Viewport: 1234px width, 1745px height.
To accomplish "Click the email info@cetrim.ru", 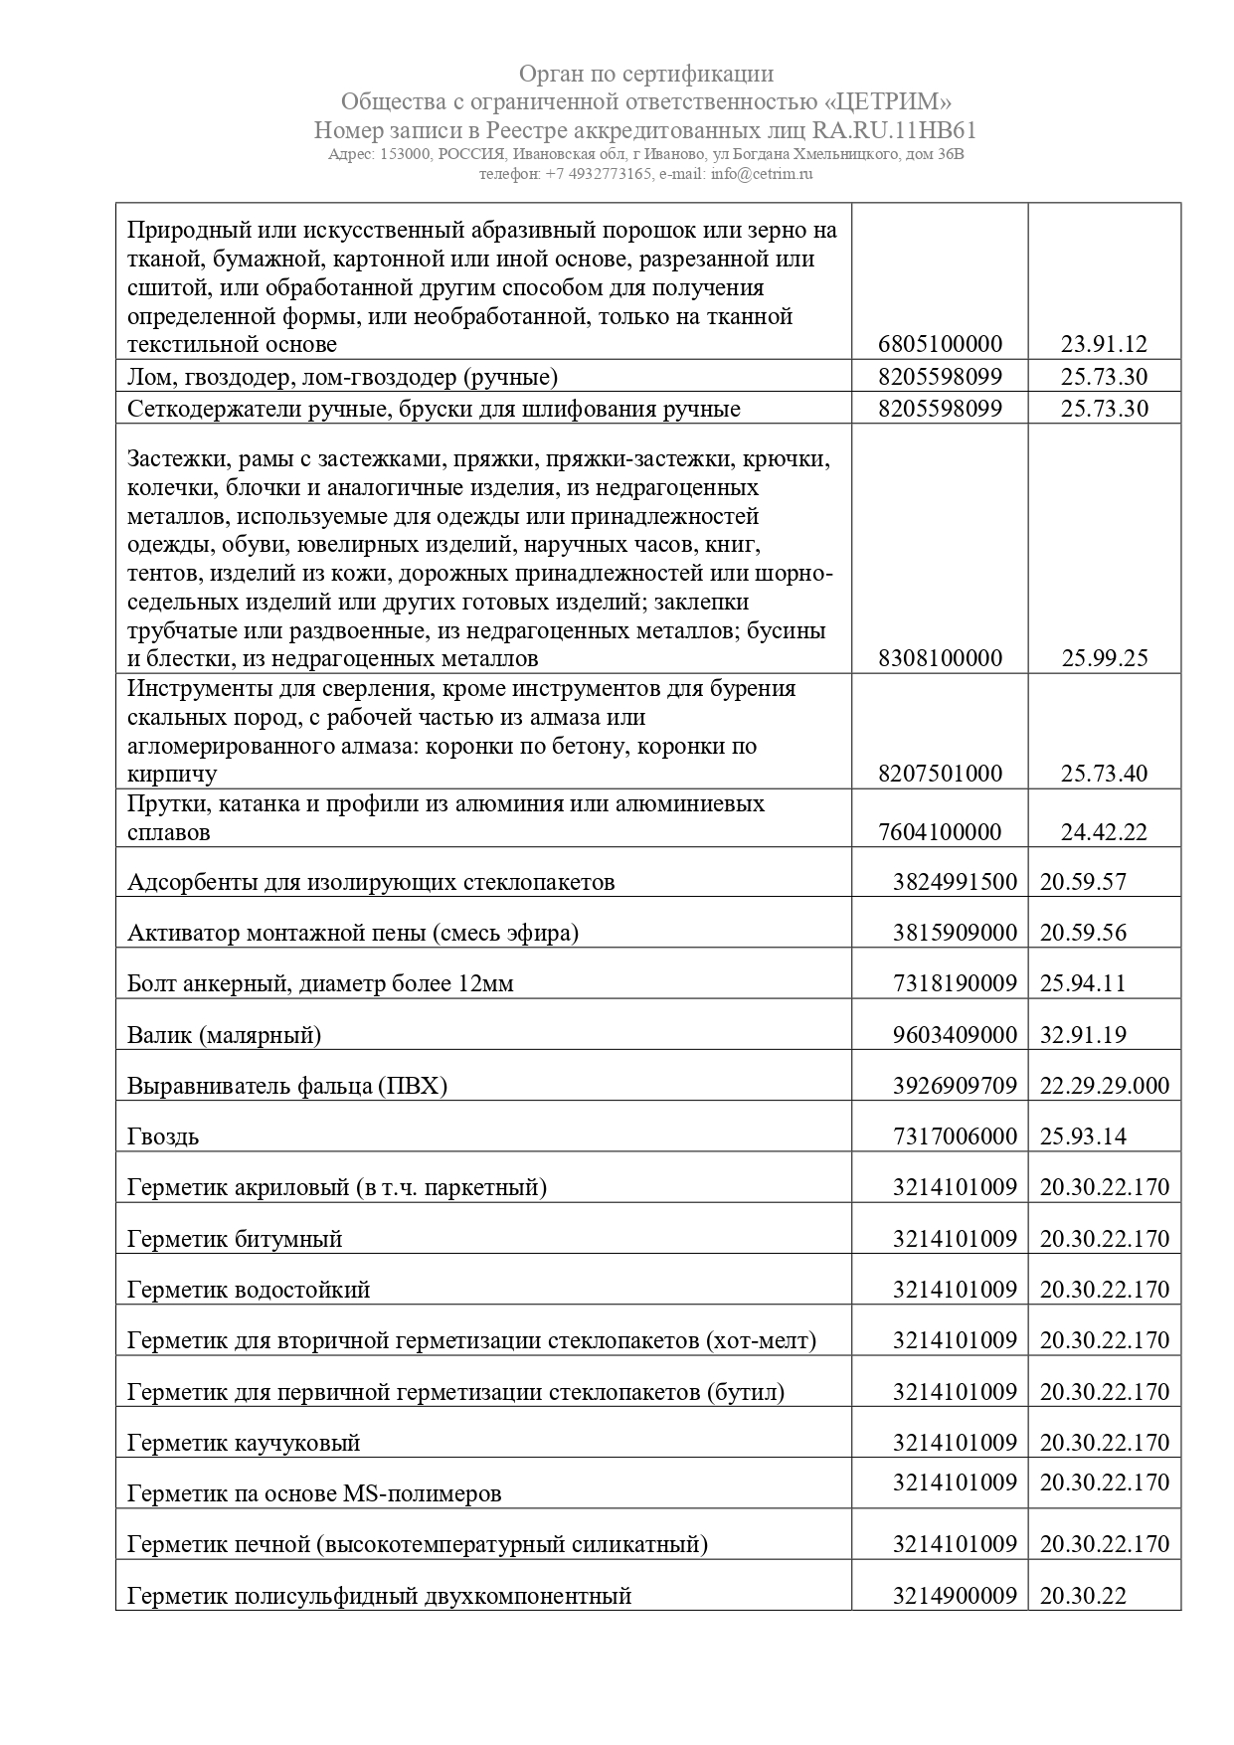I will [759, 173].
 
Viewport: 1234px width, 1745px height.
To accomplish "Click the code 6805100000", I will [940, 345].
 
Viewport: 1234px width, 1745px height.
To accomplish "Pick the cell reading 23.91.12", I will [1104, 345].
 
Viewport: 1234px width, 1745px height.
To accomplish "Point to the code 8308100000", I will [940, 658].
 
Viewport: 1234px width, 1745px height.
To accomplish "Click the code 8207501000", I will [940, 774].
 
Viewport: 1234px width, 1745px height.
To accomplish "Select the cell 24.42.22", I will [1104, 832].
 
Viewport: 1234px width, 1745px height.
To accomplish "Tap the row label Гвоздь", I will [163, 1136].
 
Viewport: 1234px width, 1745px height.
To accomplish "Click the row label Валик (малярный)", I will [224, 1035].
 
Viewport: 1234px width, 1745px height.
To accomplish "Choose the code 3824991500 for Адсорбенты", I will [955, 882].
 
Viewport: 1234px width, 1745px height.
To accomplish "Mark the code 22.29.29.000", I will [1105, 1086].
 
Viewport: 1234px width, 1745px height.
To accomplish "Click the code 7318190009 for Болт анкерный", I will [955, 984].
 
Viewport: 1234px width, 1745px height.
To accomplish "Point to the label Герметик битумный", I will [235, 1239].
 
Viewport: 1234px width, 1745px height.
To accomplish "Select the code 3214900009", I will [955, 1596].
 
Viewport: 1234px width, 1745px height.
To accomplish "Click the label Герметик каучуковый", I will [244, 1443].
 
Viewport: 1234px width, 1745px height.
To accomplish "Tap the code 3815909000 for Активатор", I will [955, 933].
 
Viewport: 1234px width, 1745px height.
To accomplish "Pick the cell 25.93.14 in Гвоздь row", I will [1083, 1136].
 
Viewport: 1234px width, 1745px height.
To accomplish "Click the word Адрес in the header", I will [350, 155].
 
